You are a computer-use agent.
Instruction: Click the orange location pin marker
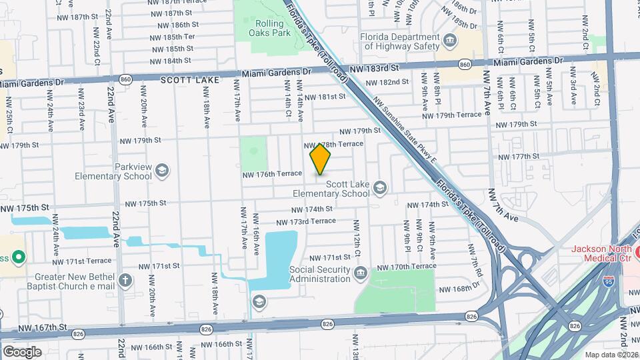click(x=321, y=159)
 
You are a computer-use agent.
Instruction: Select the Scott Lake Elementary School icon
click(x=380, y=187)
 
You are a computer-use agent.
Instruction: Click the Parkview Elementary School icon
click(x=161, y=171)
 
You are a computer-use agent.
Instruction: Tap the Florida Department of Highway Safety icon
click(x=450, y=41)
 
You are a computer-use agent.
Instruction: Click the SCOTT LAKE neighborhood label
click(x=185, y=79)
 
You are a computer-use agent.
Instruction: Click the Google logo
click(x=22, y=351)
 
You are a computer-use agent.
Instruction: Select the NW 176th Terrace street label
click(x=272, y=174)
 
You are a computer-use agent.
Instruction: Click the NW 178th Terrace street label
click(x=333, y=145)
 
